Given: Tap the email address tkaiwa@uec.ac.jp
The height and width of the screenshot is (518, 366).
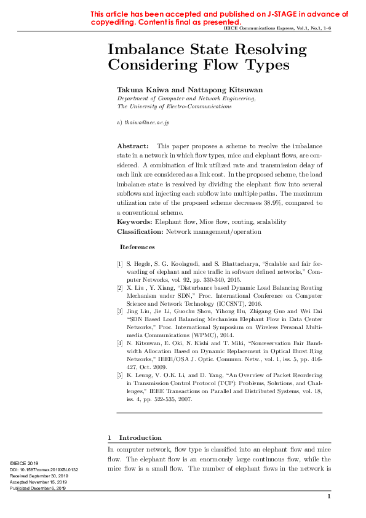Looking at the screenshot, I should [147, 122].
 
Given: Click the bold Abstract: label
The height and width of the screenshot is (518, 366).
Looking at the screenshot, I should [133, 146].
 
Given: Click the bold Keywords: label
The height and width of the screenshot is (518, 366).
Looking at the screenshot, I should [135, 221].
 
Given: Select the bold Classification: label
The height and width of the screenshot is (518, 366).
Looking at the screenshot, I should [140, 231].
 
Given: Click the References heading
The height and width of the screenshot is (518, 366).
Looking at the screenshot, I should [137, 247].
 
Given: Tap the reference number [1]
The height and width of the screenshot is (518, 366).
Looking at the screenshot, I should [120, 263].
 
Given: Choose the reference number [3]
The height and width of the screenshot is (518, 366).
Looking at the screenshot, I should [120, 312].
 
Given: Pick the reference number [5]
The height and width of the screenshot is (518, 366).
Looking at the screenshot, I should [120, 375].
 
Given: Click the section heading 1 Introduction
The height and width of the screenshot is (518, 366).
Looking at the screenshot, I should [135, 437].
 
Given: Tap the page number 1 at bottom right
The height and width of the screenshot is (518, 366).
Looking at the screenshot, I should [329, 496].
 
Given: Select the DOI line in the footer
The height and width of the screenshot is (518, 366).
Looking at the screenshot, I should [44, 469].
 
